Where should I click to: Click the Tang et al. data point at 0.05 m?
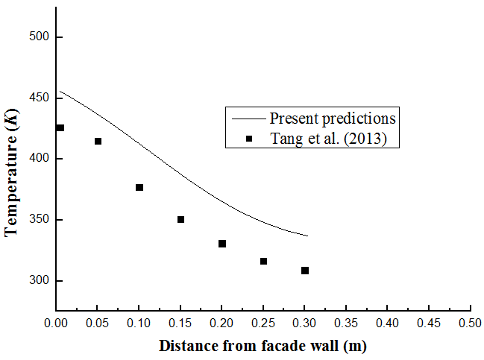(x=98, y=141)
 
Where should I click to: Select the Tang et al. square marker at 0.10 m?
(x=139, y=187)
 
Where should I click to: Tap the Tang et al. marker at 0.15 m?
(x=180, y=219)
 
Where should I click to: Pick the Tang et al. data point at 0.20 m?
(x=222, y=244)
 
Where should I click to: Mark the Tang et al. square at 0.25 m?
(x=263, y=261)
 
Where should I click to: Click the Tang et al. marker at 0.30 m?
(x=305, y=271)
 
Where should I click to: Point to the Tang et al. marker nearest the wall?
(x=60, y=128)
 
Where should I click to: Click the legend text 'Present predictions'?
(x=333, y=118)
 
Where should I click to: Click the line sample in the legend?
(x=248, y=118)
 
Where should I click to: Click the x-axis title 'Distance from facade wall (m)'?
(x=263, y=346)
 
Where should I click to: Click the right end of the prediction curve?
(x=307, y=236)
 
